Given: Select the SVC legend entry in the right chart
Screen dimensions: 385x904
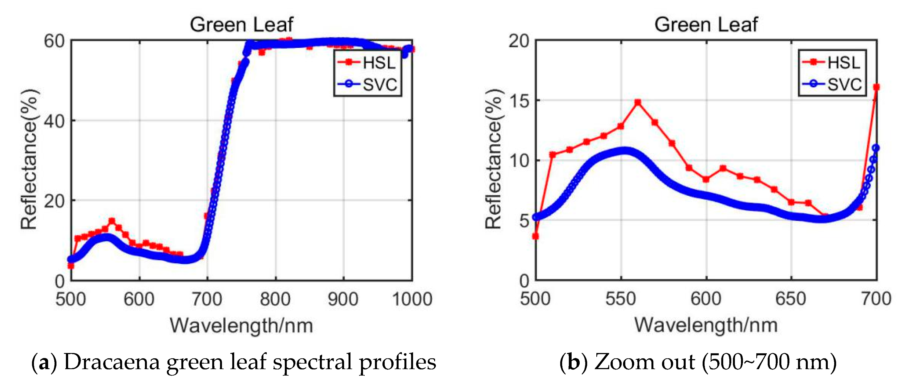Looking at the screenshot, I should coord(832,84).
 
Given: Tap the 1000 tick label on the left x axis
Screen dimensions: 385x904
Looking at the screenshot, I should coord(412,299).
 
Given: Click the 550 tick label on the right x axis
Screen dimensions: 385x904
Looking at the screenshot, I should coord(621,299).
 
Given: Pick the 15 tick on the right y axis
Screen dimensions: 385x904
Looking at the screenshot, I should coord(519,101).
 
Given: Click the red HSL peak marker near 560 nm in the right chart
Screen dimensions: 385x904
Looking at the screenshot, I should coord(638,102).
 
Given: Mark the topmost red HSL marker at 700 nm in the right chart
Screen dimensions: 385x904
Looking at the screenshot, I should coord(876,87).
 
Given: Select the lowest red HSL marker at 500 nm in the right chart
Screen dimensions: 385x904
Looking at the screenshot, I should coord(535,236).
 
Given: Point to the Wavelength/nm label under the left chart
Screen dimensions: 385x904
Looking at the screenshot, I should coord(241,325).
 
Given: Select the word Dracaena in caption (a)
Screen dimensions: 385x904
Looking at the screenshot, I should coord(112,362).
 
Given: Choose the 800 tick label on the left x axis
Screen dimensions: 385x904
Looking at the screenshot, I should coord(275,299).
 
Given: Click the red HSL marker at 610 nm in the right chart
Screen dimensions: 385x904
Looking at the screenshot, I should coord(723,169).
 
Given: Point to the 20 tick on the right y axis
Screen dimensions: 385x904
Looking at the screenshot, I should coord(519,41).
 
